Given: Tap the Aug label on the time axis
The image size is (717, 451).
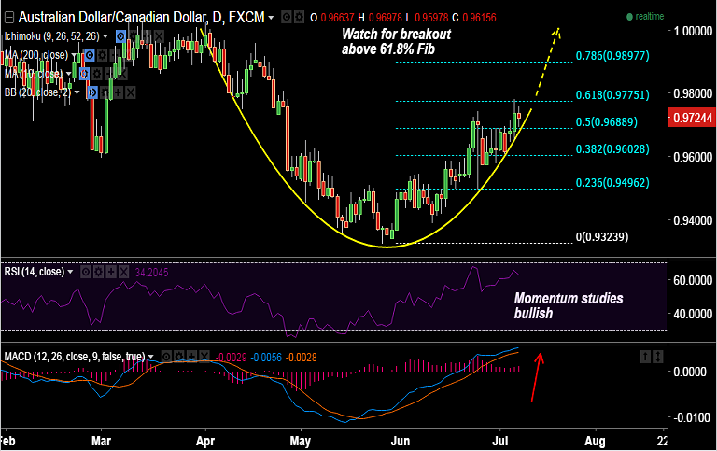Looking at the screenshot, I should [x=595, y=439].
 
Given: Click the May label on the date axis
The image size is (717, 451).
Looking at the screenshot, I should [x=301, y=439].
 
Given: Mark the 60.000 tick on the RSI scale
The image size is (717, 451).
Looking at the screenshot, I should [x=689, y=280].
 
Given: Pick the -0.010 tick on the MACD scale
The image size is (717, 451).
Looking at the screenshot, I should [x=689, y=417].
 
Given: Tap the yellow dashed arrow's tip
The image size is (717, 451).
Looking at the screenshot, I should [x=558, y=29].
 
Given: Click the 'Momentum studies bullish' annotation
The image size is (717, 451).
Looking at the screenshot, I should [x=568, y=306].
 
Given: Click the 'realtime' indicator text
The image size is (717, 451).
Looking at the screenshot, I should [x=649, y=17].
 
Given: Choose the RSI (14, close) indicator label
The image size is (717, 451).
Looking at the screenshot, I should [x=36, y=272].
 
